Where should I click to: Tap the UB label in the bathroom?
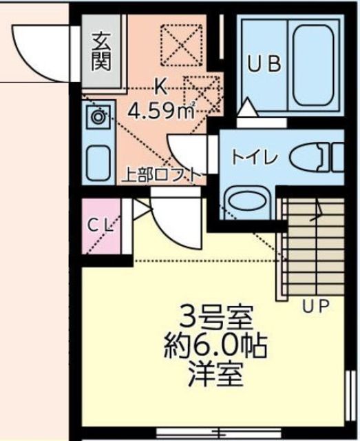pyautogui.click(x=264, y=65)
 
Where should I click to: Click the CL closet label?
pyautogui.click(x=101, y=224)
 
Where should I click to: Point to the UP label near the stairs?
pyautogui.click(x=316, y=304)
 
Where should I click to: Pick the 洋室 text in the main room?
pyautogui.click(x=215, y=376)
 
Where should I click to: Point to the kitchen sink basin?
pyautogui.click(x=98, y=163)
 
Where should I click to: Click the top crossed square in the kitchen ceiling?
pyautogui.click(x=180, y=45)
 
